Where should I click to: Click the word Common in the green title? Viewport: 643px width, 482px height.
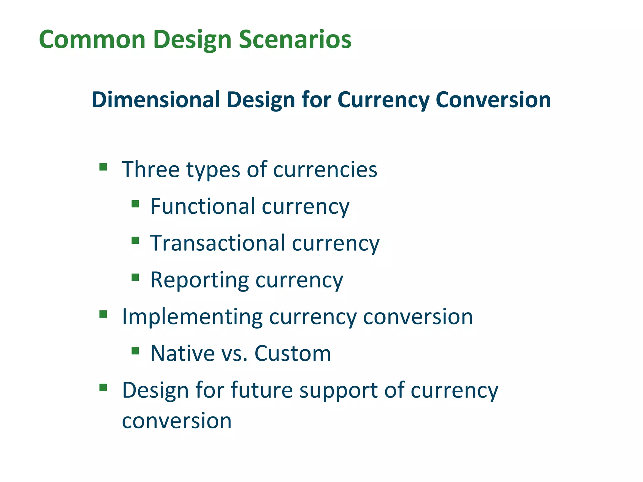click(92, 40)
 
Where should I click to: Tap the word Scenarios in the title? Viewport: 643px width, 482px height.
click(295, 40)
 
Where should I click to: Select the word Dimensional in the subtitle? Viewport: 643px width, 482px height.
click(156, 100)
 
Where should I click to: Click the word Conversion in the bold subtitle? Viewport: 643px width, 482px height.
click(493, 100)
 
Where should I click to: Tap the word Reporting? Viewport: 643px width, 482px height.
click(199, 280)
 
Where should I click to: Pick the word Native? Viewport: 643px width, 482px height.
click(182, 353)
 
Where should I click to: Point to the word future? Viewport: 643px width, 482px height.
click(262, 390)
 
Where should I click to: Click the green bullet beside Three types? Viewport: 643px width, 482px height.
click(103, 166)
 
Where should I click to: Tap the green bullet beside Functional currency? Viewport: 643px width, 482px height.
click(135, 204)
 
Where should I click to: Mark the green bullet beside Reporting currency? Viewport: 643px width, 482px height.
click(135, 277)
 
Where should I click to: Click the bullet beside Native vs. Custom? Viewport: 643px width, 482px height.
click(135, 351)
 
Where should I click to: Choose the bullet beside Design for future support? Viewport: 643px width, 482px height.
click(103, 388)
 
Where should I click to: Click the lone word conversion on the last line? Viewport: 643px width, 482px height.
click(176, 421)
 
